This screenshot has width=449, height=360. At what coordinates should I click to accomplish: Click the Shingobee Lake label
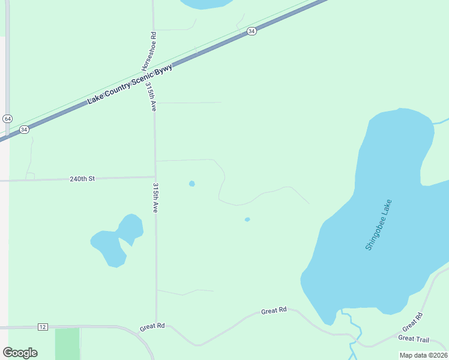378,225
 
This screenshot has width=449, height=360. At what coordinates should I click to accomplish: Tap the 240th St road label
82,179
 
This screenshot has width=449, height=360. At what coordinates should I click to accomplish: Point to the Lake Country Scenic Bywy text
130,85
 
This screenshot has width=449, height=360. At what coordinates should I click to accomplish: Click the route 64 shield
7,119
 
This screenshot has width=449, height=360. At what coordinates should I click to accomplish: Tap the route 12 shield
42,326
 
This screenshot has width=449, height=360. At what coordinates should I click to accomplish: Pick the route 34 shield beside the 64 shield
24,130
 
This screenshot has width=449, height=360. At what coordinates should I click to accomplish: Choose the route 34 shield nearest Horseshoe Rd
252,31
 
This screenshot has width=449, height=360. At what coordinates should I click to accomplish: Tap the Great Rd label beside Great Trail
412,322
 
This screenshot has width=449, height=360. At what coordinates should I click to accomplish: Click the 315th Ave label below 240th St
155,198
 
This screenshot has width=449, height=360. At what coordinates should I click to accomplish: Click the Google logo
20,352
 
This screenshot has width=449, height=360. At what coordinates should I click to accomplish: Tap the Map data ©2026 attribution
423,355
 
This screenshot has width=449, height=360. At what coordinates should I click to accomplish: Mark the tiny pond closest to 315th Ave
191,184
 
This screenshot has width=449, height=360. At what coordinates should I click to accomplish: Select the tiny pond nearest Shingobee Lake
247,220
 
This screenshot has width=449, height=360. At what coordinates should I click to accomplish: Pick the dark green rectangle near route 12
67,343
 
